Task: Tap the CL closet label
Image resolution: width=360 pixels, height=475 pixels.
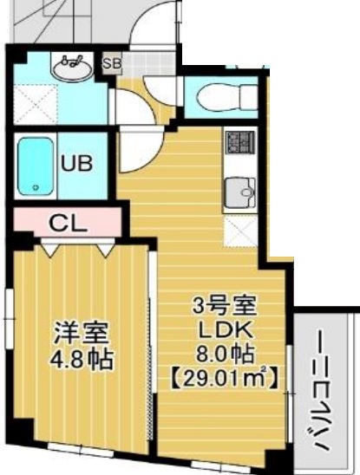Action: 67,222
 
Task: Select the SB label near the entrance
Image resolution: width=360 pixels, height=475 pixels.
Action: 112,62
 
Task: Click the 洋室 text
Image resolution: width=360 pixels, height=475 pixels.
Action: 81,332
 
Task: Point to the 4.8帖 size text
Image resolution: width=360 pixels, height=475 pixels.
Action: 82,359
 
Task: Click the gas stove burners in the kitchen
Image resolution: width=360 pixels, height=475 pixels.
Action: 237,141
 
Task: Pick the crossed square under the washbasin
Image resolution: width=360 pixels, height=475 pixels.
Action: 33,107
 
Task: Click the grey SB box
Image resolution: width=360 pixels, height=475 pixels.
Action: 112,62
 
